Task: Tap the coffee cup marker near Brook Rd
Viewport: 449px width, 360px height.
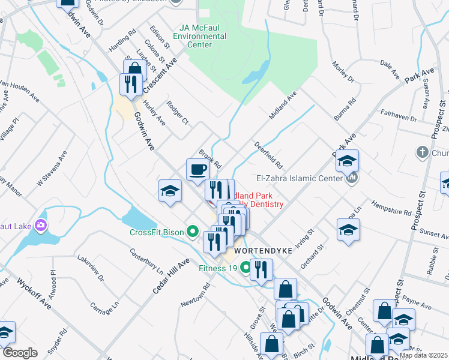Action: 197,170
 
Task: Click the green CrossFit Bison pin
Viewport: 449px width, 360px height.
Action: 192,230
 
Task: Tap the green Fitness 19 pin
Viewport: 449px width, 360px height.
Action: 245,268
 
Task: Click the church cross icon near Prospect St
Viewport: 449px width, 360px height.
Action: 422,151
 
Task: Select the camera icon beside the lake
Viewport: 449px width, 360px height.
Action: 41,226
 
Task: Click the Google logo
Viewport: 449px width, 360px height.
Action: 19,353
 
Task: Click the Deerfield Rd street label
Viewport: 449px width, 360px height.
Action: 268,155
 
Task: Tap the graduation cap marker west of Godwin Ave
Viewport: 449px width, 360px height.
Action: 170,191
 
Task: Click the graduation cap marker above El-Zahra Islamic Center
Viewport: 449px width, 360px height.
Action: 347,161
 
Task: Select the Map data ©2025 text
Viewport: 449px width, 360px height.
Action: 423,355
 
